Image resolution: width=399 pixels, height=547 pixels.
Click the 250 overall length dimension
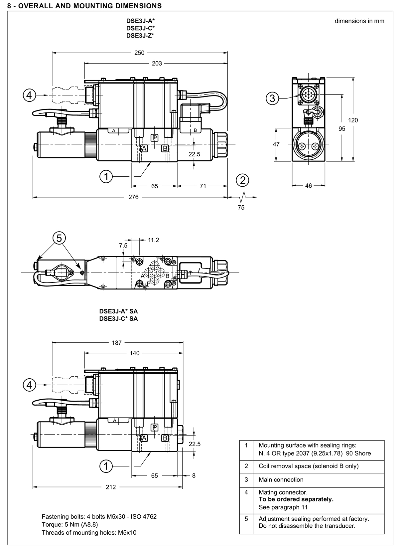click(139, 53)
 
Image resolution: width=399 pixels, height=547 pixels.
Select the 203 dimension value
click(157, 64)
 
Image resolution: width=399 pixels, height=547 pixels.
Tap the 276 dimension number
click(133, 197)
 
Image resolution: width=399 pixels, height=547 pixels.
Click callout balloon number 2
click(243, 180)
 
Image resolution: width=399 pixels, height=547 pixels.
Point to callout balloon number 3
click(272, 98)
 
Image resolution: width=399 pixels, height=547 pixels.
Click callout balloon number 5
click(59, 238)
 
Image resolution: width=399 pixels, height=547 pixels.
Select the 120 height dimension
click(353, 120)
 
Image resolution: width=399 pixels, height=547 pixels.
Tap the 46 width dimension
click(309, 186)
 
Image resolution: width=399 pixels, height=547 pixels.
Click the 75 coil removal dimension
click(241, 208)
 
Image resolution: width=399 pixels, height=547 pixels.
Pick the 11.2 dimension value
click(154, 240)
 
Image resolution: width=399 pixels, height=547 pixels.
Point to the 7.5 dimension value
click(123, 246)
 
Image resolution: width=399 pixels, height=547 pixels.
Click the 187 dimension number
click(117, 343)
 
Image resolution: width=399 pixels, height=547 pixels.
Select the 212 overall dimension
click(110, 487)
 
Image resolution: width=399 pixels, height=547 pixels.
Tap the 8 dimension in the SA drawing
click(194, 475)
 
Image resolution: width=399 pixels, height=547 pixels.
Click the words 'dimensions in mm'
click(359, 21)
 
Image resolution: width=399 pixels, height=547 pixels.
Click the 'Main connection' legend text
click(281, 479)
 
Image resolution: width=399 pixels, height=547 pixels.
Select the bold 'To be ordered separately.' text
click(296, 499)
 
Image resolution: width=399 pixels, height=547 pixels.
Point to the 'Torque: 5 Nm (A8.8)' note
click(70, 524)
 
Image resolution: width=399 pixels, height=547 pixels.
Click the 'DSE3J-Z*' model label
click(140, 36)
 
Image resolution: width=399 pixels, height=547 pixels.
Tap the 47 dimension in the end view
click(276, 144)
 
